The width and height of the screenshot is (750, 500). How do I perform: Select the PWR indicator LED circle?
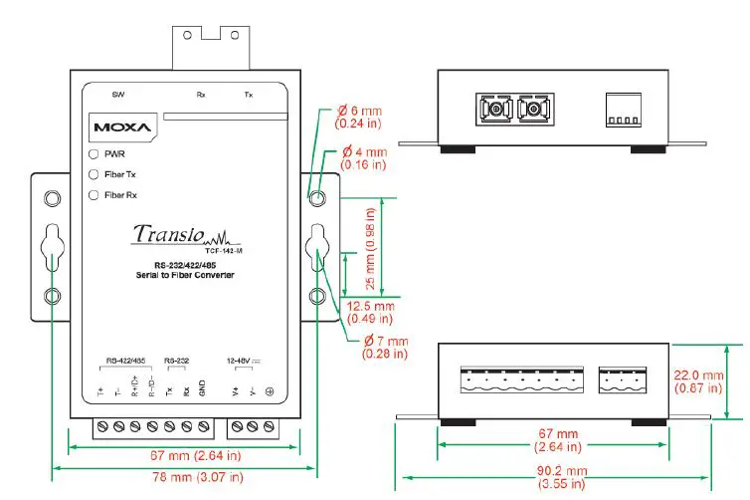[94, 155]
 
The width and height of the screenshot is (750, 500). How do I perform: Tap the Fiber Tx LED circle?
[94, 174]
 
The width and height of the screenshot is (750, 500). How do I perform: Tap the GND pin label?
[202, 390]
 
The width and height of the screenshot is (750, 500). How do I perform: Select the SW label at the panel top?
[118, 96]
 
